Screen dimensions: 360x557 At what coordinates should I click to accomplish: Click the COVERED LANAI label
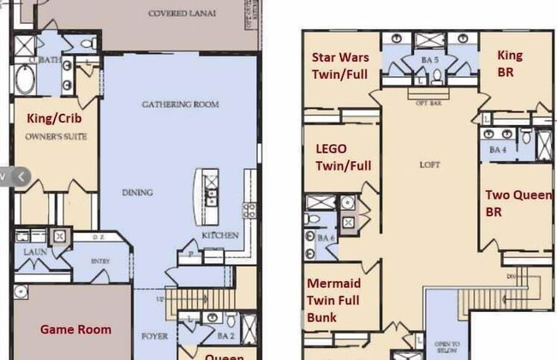[x=183, y=15]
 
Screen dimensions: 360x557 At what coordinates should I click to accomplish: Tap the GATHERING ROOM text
[x=180, y=105]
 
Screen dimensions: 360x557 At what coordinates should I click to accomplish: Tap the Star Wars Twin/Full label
[x=340, y=65]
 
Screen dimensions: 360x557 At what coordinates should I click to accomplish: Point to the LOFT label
[x=428, y=165]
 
